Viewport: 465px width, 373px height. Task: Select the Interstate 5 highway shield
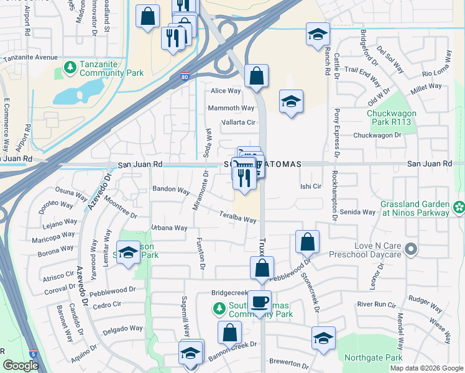pyautogui.click(x=32, y=354)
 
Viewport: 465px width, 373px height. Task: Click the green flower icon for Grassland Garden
pyautogui.click(x=459, y=206)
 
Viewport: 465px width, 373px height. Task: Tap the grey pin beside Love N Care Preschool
pyautogui.click(x=410, y=249)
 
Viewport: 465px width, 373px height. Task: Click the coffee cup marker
pyautogui.click(x=260, y=303)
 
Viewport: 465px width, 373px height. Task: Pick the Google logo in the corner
pyautogui.click(x=21, y=366)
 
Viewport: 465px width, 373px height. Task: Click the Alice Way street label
pyautogui.click(x=226, y=91)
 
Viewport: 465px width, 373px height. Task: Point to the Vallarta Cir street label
pyautogui.click(x=239, y=122)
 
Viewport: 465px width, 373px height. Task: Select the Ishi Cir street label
pyautogui.click(x=310, y=186)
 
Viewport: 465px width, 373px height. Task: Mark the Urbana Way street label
pyautogui.click(x=168, y=228)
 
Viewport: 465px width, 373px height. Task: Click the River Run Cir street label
pyautogui.click(x=376, y=305)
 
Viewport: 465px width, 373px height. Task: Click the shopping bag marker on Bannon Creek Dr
pyautogui.click(x=229, y=333)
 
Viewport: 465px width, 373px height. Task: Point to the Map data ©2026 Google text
pyautogui.click(x=426, y=368)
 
